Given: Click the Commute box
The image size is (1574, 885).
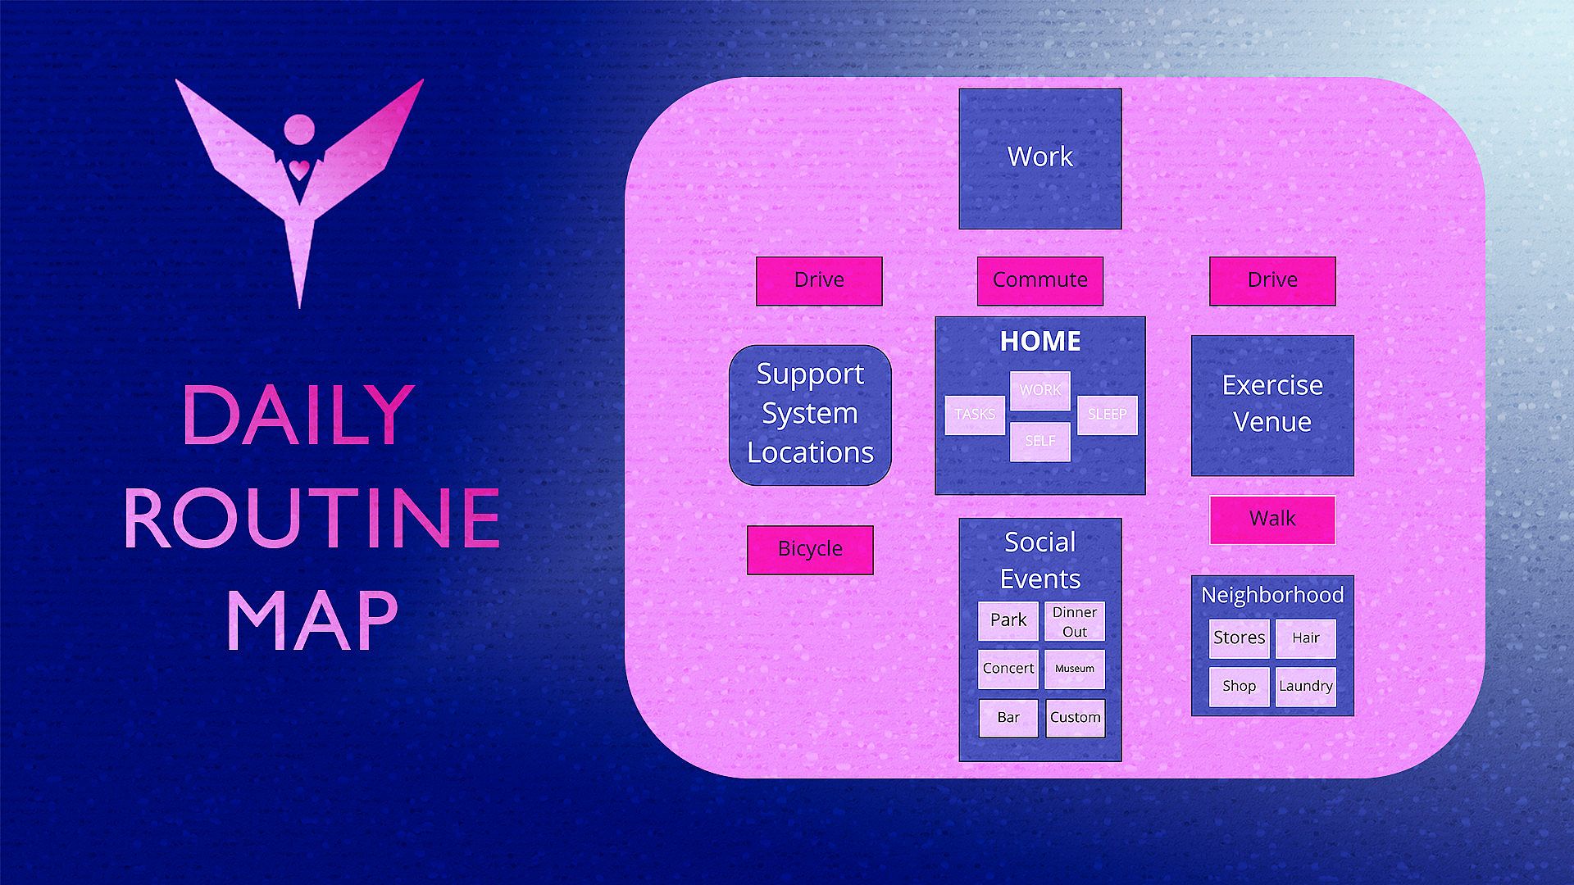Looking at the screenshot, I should (x=1039, y=280).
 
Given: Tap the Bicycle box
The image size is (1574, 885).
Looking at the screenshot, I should (x=810, y=549).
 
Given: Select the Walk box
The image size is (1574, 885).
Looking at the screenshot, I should (x=1272, y=519).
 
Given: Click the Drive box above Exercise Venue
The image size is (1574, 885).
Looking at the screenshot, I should (x=1272, y=280).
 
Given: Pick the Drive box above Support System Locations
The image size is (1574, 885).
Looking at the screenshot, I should (x=819, y=280).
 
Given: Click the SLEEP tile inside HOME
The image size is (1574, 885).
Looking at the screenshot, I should (x=1107, y=415).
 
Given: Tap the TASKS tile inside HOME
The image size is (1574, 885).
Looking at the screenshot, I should (x=975, y=415).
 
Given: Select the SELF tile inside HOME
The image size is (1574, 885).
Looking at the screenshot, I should (x=1039, y=442).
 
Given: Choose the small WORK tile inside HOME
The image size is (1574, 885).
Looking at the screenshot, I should (x=1039, y=390).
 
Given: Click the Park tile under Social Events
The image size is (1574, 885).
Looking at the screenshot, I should (x=1008, y=620).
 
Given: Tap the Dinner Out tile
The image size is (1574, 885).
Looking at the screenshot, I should (x=1075, y=621).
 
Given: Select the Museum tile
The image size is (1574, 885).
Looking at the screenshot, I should (x=1075, y=669).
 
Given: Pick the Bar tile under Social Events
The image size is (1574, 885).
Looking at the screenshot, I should (x=1008, y=718).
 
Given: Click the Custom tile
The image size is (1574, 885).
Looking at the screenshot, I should (x=1075, y=718).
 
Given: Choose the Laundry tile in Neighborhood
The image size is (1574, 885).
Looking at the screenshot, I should (x=1305, y=687).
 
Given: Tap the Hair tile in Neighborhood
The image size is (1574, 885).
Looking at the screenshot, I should (x=1305, y=638).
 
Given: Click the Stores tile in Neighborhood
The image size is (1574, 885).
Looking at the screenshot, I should (x=1239, y=638).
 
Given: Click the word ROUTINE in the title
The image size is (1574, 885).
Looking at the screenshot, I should (x=312, y=518).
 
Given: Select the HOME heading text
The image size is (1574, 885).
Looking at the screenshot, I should (x=1039, y=341).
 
